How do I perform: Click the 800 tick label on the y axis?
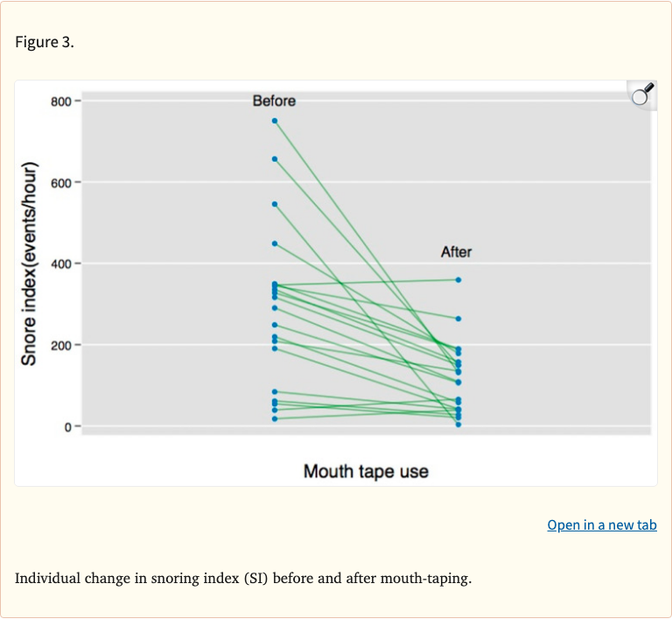(59, 102)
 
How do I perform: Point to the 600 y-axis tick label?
(59, 182)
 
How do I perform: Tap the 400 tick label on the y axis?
(59, 264)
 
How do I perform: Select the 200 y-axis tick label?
(59, 345)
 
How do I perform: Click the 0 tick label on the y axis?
(66, 426)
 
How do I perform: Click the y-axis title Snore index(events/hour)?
(30, 264)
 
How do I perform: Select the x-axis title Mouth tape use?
(366, 472)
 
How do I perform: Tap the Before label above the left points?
(274, 101)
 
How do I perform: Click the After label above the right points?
(456, 252)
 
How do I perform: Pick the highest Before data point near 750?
(275, 121)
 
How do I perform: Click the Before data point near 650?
(275, 158)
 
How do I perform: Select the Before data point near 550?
(275, 204)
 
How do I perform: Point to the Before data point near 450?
(275, 243)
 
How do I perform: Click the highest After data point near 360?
(458, 280)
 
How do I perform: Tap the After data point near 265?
(458, 319)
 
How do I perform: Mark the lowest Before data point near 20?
(275, 419)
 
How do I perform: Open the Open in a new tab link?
(602, 525)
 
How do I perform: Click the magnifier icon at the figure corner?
(641, 95)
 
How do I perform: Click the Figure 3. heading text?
(45, 43)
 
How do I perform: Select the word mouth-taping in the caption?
(430, 579)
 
